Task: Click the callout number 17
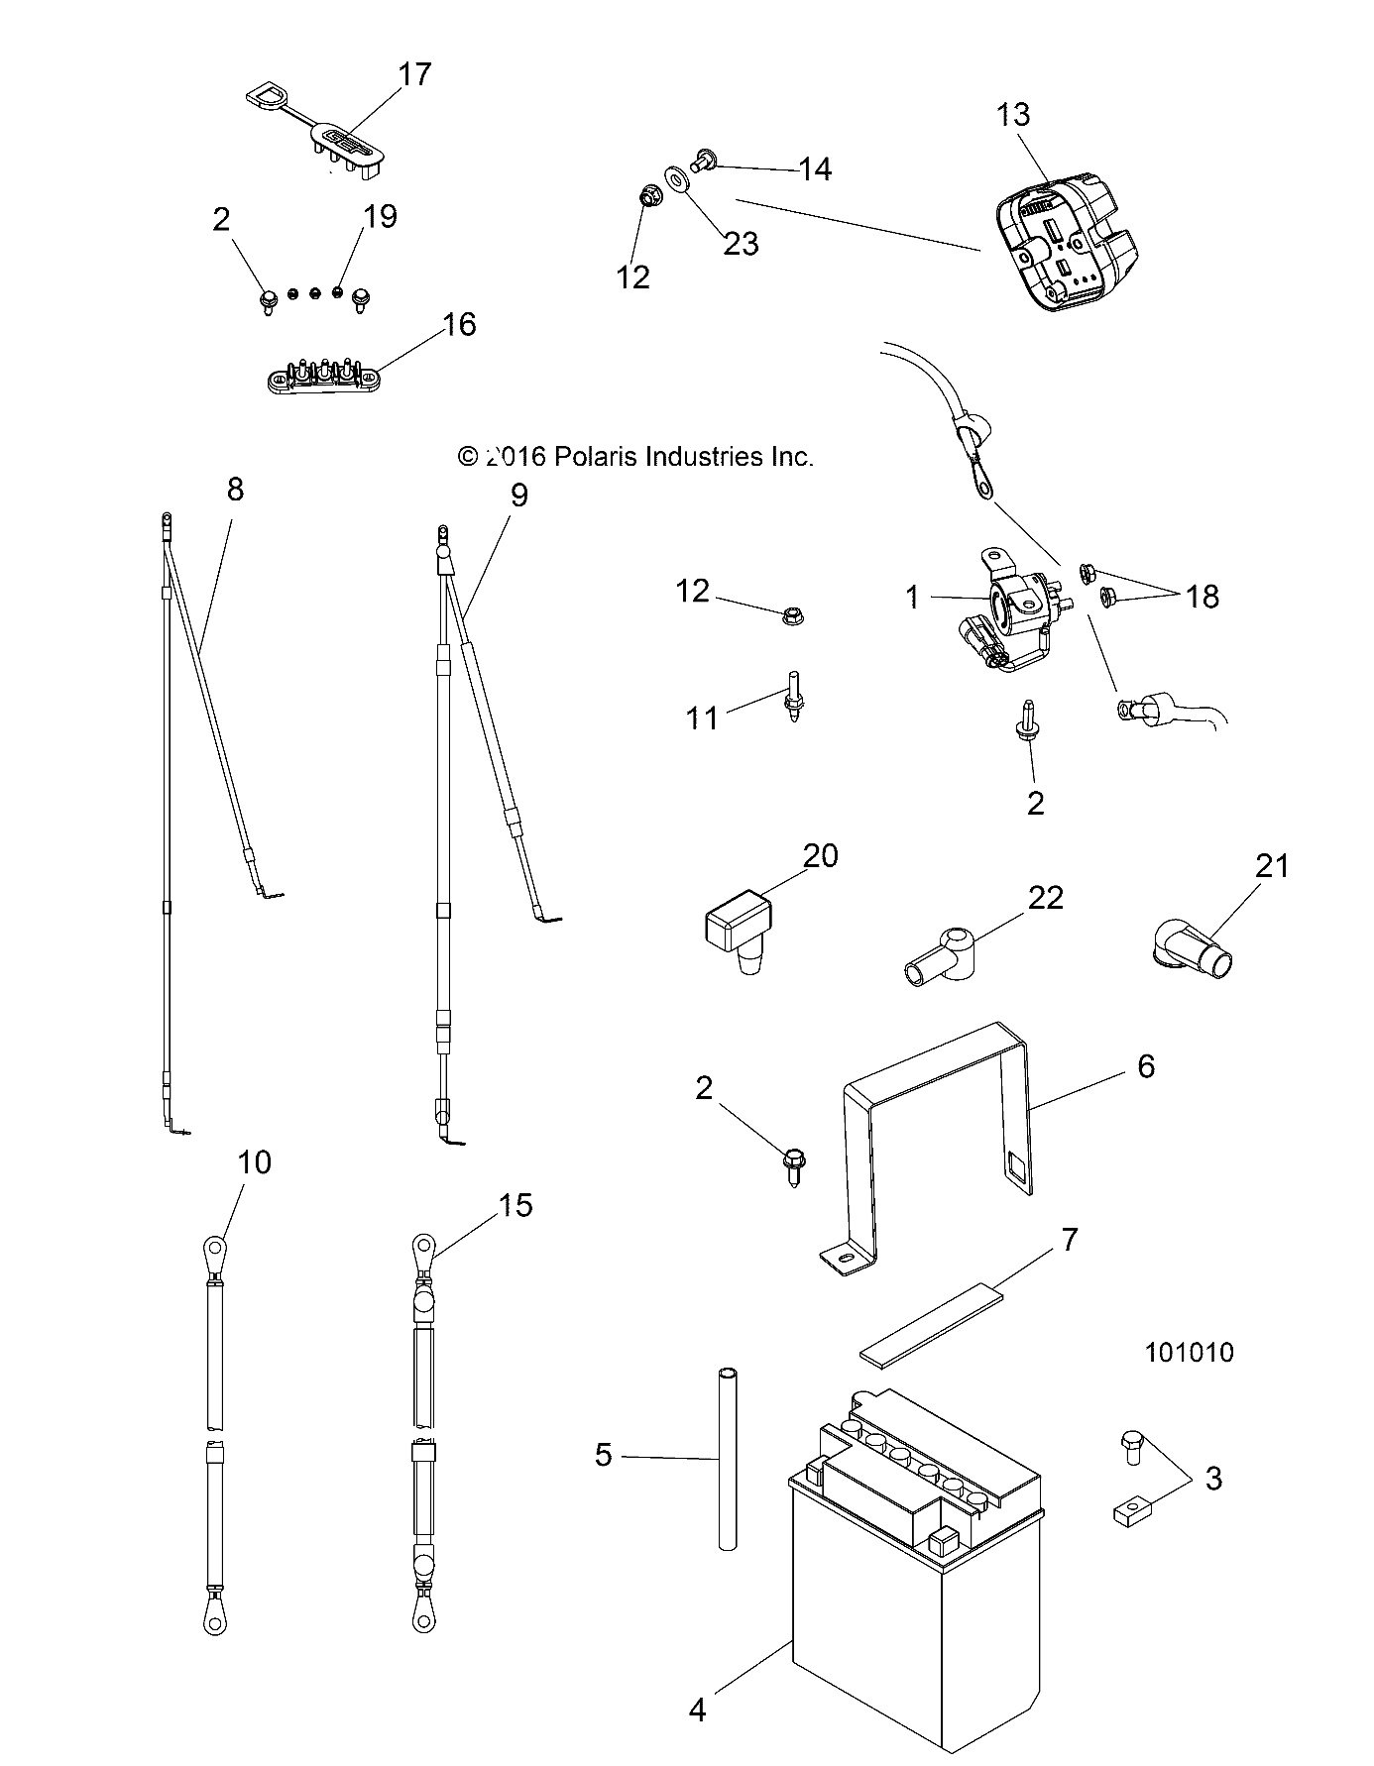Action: tap(415, 74)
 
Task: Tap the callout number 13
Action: tap(1013, 115)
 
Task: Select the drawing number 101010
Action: tap(1189, 1353)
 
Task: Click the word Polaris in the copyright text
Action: tap(597, 457)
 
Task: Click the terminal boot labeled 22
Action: tap(942, 958)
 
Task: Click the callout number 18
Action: tap(1202, 597)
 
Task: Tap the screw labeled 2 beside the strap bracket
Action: tap(794, 1161)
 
